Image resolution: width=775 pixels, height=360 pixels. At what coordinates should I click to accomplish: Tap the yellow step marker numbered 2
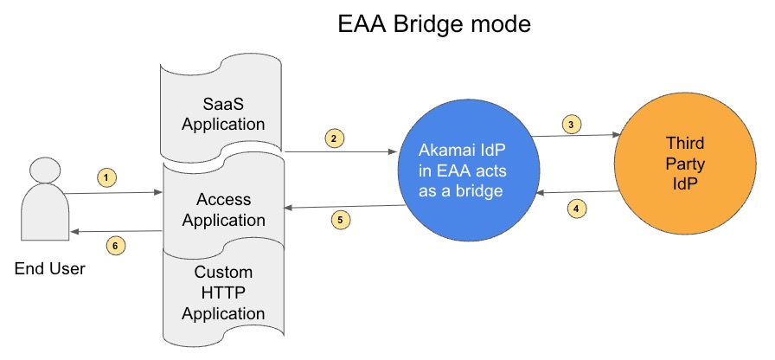click(334, 138)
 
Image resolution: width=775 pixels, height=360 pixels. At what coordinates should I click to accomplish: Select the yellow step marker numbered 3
click(572, 125)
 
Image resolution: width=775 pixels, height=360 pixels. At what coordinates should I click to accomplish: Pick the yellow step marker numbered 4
click(576, 209)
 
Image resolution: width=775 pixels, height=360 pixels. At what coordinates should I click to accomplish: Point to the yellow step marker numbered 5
click(341, 220)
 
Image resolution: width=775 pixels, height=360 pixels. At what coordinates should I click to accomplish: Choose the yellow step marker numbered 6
click(116, 246)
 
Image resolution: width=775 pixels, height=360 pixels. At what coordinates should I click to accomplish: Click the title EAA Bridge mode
click(434, 24)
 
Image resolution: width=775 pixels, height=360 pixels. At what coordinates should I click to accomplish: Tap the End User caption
click(50, 269)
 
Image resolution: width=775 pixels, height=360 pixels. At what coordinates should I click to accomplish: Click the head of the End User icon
click(44, 170)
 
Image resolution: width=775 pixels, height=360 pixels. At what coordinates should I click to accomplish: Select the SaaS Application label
click(223, 114)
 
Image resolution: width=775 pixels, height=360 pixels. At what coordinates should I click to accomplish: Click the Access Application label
click(223, 209)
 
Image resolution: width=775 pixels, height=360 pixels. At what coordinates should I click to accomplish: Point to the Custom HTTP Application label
click(223, 292)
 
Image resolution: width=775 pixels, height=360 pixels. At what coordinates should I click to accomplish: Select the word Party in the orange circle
click(685, 164)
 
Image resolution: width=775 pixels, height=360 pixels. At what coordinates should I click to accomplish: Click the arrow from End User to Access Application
click(113, 193)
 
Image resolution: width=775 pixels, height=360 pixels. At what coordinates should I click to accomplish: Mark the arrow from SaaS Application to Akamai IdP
click(342, 151)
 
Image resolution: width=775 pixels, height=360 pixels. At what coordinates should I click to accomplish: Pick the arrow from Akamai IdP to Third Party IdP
click(575, 135)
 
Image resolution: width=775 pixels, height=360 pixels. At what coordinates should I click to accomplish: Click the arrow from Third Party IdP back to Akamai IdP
click(578, 192)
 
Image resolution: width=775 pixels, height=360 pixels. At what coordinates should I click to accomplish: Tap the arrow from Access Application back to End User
click(116, 231)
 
